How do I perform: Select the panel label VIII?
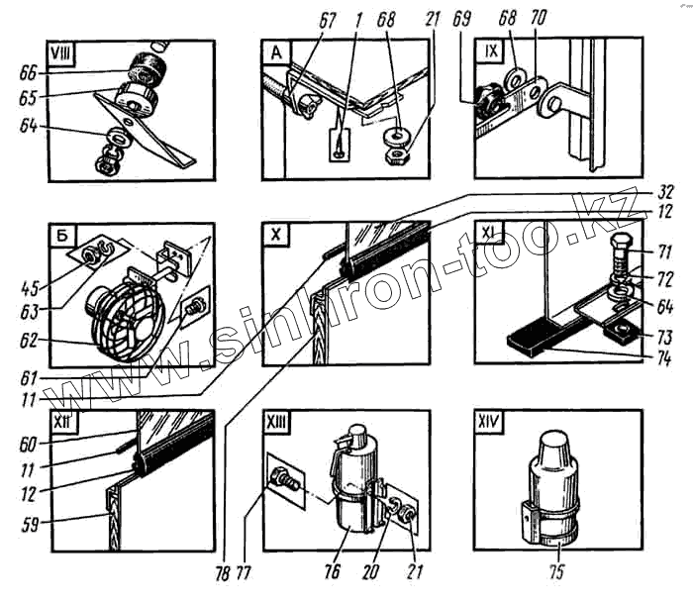[x=65, y=53]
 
